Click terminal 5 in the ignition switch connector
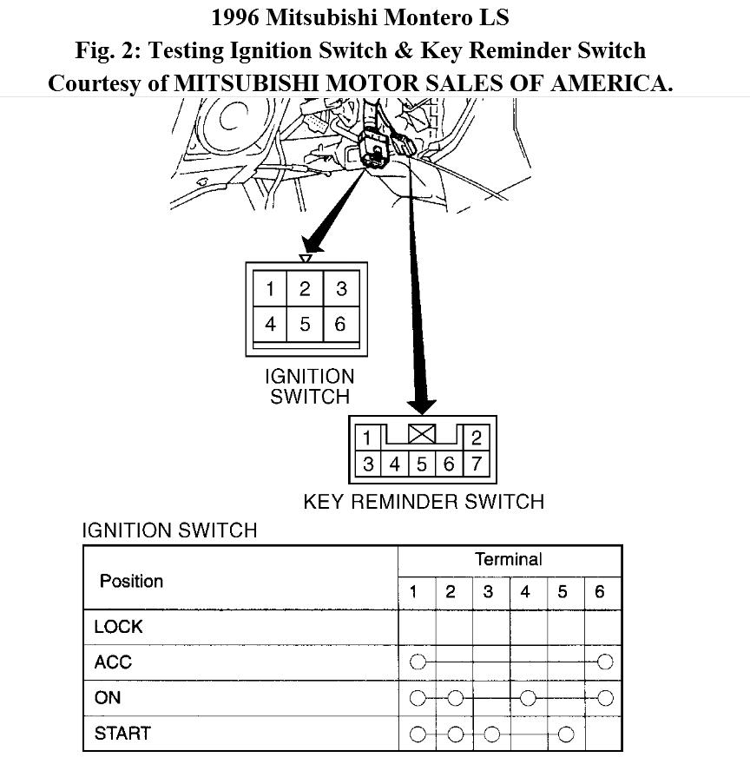[x=305, y=325]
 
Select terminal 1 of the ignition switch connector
[x=271, y=289]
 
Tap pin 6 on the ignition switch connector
[x=340, y=325]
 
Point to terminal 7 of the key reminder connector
[x=477, y=464]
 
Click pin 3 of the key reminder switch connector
[x=368, y=464]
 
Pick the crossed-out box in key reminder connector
[x=422, y=433]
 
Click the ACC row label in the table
[x=113, y=662]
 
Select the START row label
[x=122, y=734]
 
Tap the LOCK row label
[x=118, y=627]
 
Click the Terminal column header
[x=509, y=560]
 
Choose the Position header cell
[x=131, y=581]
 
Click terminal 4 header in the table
[x=526, y=593]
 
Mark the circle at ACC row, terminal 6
[x=605, y=662]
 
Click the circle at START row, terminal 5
[x=565, y=734]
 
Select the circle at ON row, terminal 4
[x=527, y=697]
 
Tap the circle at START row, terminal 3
[x=491, y=734]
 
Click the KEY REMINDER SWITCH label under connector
[x=424, y=502]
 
